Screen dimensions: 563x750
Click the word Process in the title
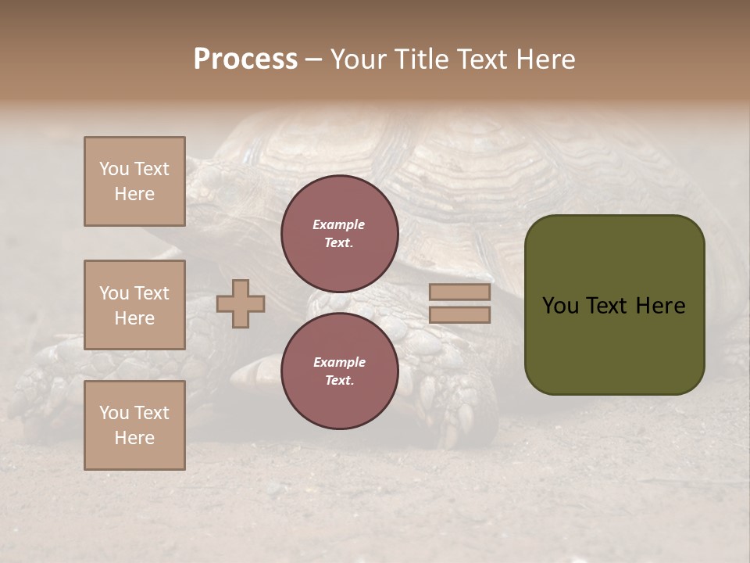(245, 59)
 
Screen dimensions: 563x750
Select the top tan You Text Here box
(134, 181)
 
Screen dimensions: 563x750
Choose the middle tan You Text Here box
(134, 305)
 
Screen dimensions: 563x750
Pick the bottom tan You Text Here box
(134, 425)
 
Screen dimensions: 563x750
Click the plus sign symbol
(241, 304)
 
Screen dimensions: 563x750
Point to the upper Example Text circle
(339, 234)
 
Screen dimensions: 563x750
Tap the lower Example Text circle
(339, 371)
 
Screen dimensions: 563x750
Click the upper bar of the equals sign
(460, 292)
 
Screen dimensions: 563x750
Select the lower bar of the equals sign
(460, 315)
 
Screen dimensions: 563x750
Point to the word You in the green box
(560, 306)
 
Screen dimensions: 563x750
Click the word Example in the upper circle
(339, 224)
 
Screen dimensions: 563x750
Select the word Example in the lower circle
(339, 362)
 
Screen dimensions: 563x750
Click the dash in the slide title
(313, 59)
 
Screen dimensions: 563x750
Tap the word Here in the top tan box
(134, 194)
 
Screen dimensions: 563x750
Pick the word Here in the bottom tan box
(134, 438)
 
